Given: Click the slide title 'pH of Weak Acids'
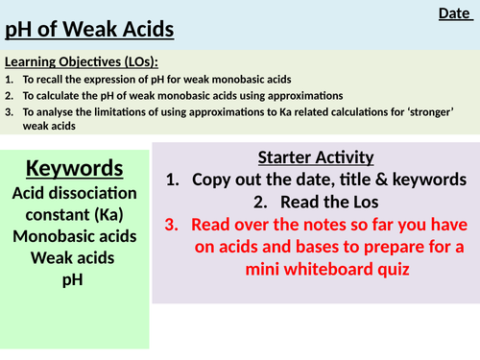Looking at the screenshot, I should point(90,31).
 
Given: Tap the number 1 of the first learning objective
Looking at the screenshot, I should point(8,81).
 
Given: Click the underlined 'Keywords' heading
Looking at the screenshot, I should point(75,169).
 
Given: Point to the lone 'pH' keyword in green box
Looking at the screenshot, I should point(74,279).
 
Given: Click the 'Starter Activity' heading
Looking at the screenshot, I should point(316,157).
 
